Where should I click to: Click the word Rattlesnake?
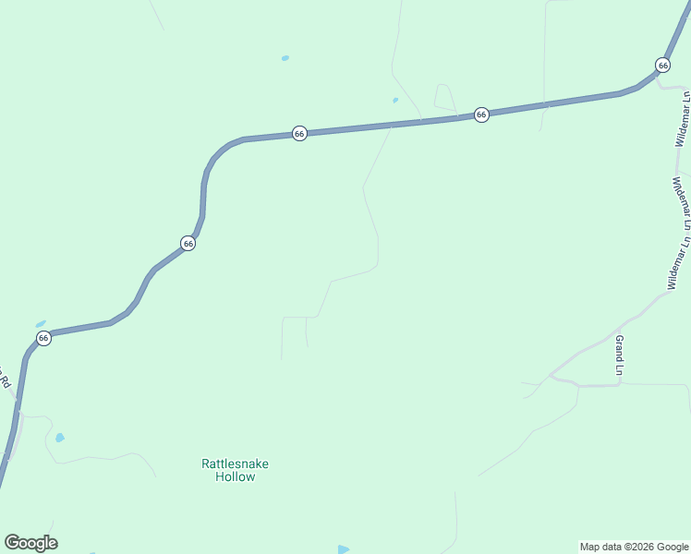click(235, 464)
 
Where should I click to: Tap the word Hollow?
click(235, 476)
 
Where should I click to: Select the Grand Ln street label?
click(620, 356)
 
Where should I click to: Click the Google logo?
click(30, 543)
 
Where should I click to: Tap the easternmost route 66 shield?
click(662, 65)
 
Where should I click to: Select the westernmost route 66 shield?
click(43, 338)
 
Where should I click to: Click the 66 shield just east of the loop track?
click(481, 114)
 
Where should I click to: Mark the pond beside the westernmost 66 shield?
click(41, 324)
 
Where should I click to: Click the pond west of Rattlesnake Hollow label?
click(60, 437)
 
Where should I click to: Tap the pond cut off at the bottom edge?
click(344, 549)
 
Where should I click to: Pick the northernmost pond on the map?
click(285, 58)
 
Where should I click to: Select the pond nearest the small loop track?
click(395, 100)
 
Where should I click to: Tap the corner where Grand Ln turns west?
click(618, 385)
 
